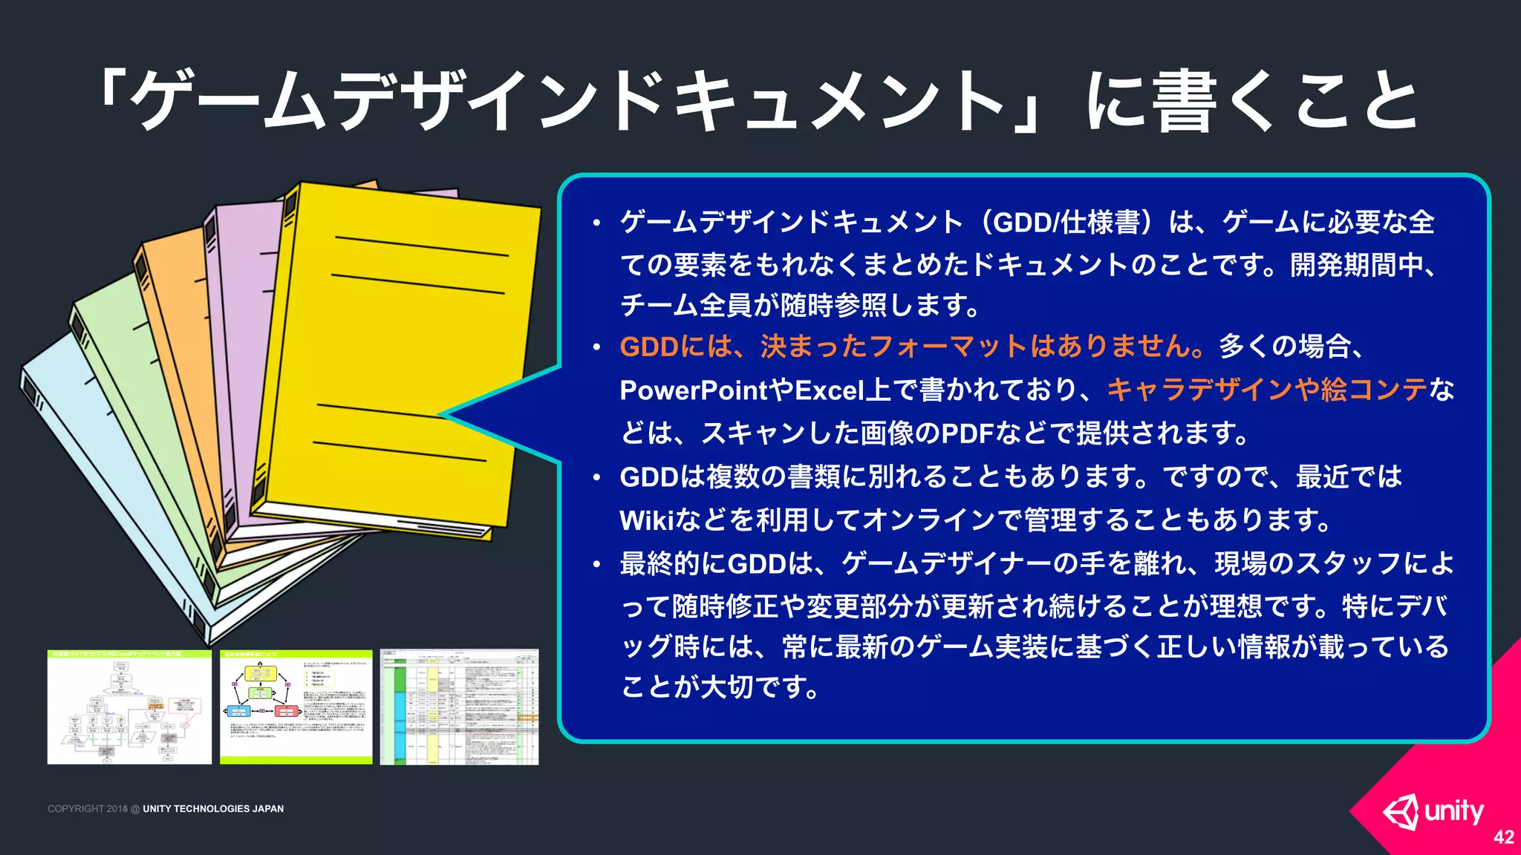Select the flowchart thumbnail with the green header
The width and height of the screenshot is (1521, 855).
click(129, 707)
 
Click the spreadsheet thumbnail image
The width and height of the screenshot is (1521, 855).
click(459, 707)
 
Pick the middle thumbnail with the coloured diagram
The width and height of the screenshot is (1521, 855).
click(296, 707)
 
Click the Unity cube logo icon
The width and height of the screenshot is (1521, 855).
click(1401, 812)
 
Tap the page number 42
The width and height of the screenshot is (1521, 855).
click(1503, 837)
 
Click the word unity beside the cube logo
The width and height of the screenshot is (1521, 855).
click(1454, 810)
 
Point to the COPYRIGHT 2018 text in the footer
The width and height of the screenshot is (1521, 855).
click(88, 809)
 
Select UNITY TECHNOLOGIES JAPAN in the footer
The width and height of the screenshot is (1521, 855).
click(213, 809)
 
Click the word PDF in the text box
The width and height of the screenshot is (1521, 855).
click(967, 433)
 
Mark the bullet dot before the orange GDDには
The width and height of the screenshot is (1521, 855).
click(596, 347)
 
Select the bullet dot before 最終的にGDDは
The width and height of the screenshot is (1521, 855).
click(596, 565)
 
